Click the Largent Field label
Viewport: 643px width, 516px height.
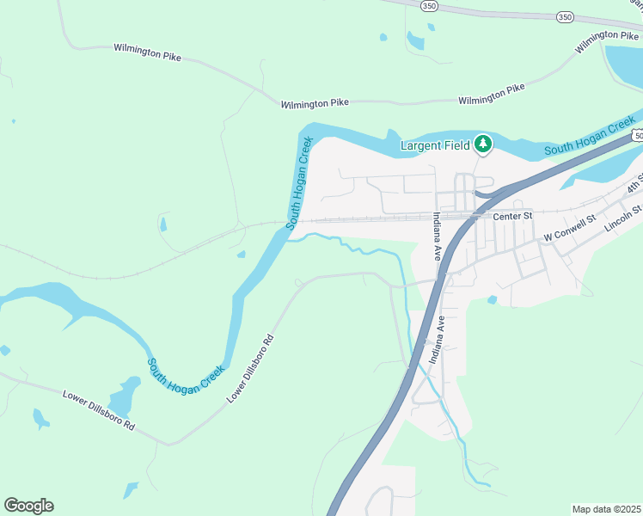pyautogui.click(x=435, y=145)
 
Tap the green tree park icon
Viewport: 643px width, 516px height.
pyautogui.click(x=483, y=144)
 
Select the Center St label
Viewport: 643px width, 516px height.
pyautogui.click(x=513, y=216)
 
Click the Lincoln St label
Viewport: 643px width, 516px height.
pyautogui.click(x=623, y=218)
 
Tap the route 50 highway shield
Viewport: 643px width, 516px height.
pyautogui.click(x=637, y=136)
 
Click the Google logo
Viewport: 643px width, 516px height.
pyautogui.click(x=28, y=506)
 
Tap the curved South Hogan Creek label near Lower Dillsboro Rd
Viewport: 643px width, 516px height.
pyautogui.click(x=185, y=375)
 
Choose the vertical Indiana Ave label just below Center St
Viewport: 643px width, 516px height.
pyautogui.click(x=437, y=236)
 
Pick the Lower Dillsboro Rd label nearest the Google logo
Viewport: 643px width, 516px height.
pyautogui.click(x=99, y=409)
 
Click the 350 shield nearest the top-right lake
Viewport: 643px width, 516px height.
pyautogui.click(x=564, y=16)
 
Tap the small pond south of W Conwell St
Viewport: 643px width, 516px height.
pyautogui.click(x=492, y=300)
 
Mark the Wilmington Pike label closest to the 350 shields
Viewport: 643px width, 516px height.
pyautogui.click(x=607, y=40)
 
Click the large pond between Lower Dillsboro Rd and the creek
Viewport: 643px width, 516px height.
pyautogui.click(x=126, y=395)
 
